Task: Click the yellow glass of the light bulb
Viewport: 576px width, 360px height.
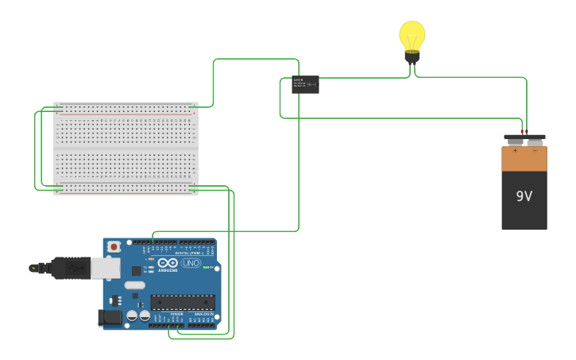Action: [412, 35]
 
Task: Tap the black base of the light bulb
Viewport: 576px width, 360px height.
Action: [412, 56]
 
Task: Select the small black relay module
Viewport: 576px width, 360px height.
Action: [305, 84]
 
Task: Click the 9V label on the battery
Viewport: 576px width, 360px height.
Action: [524, 196]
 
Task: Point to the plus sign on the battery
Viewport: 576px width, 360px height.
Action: [515, 150]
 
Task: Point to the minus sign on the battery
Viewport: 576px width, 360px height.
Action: [535, 150]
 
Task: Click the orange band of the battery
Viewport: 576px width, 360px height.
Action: [524, 159]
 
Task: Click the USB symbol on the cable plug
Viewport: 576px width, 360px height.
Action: [75, 269]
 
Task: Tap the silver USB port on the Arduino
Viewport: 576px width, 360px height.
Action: [105, 268]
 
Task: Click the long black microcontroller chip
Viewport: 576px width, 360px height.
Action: [183, 302]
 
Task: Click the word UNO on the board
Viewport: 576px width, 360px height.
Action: [191, 263]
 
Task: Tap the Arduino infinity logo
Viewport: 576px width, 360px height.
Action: [168, 263]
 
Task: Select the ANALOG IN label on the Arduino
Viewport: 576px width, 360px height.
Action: [203, 315]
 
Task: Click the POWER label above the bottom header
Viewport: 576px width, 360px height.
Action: [176, 315]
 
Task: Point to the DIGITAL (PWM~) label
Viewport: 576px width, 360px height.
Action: [187, 253]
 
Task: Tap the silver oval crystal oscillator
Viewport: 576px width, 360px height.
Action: [135, 285]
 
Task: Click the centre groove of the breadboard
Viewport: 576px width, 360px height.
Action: [126, 149]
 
